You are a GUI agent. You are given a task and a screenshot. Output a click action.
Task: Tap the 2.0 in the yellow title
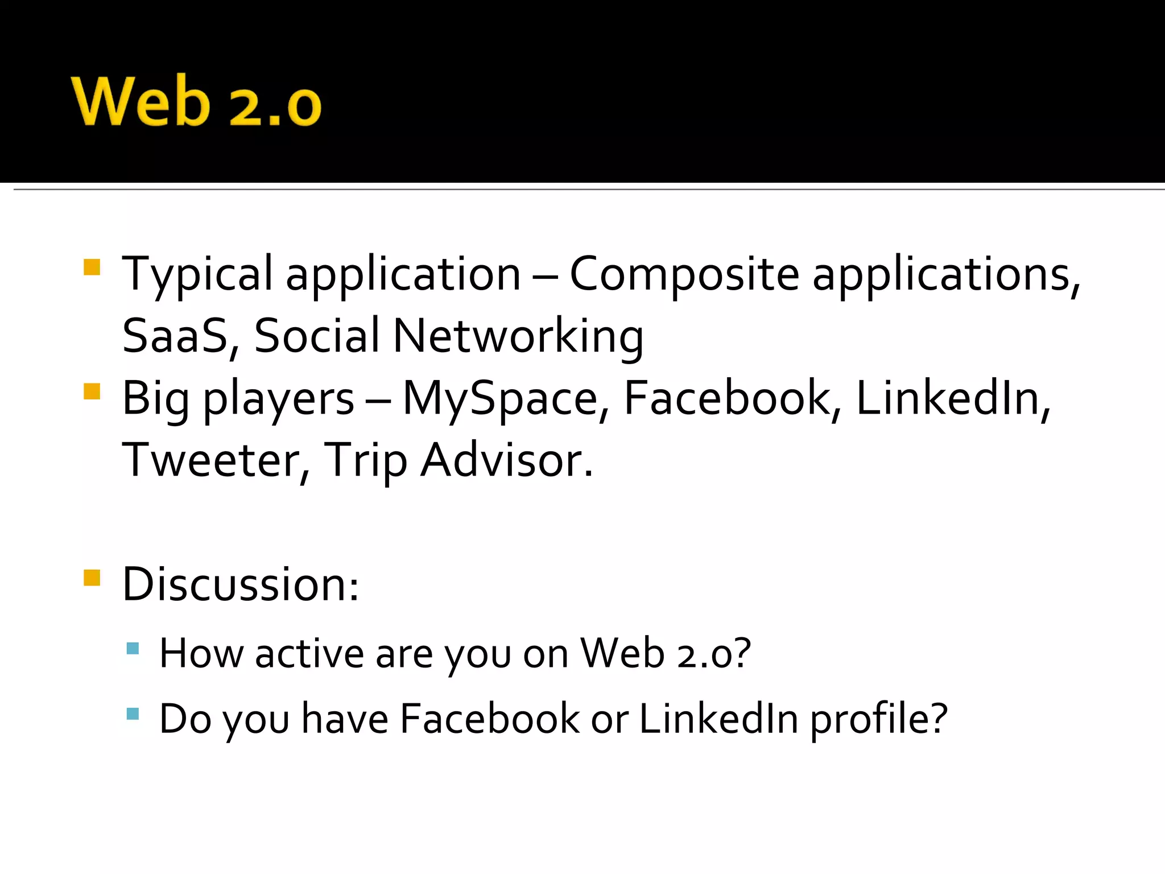click(275, 106)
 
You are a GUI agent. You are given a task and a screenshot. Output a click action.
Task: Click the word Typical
click(197, 275)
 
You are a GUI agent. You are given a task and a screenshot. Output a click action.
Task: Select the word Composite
click(684, 275)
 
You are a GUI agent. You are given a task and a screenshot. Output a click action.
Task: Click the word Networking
click(518, 337)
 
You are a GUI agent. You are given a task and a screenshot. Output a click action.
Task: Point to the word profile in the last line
click(879, 719)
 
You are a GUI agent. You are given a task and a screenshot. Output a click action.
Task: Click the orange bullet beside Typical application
click(92, 267)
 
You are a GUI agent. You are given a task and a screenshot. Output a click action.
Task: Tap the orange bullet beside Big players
click(92, 391)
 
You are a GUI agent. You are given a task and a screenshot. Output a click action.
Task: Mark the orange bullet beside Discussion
click(92, 578)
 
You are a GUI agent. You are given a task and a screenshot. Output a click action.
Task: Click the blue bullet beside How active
click(133, 648)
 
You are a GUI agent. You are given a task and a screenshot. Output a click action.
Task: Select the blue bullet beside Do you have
click(133, 714)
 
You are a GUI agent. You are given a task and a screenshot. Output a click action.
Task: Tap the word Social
click(316, 336)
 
